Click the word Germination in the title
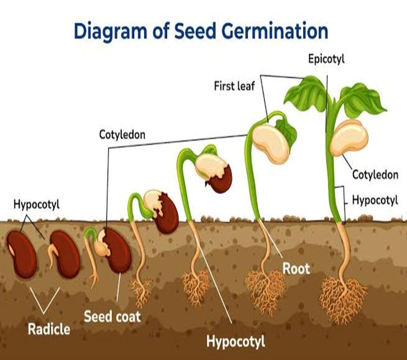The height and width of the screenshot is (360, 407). [x=275, y=32]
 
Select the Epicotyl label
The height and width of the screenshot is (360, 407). [x=326, y=59]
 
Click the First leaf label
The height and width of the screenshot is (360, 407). [x=234, y=86]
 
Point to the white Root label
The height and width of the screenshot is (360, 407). [x=296, y=268]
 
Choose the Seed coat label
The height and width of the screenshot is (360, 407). [x=113, y=316]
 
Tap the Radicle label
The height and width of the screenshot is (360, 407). [x=49, y=329]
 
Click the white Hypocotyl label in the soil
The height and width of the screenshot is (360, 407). [x=236, y=341]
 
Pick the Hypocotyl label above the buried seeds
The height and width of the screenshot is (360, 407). [x=36, y=204]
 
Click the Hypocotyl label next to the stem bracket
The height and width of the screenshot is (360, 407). [x=375, y=200]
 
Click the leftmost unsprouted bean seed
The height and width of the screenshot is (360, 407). [x=22, y=254]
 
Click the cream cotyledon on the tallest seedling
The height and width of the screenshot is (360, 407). [x=349, y=138]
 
